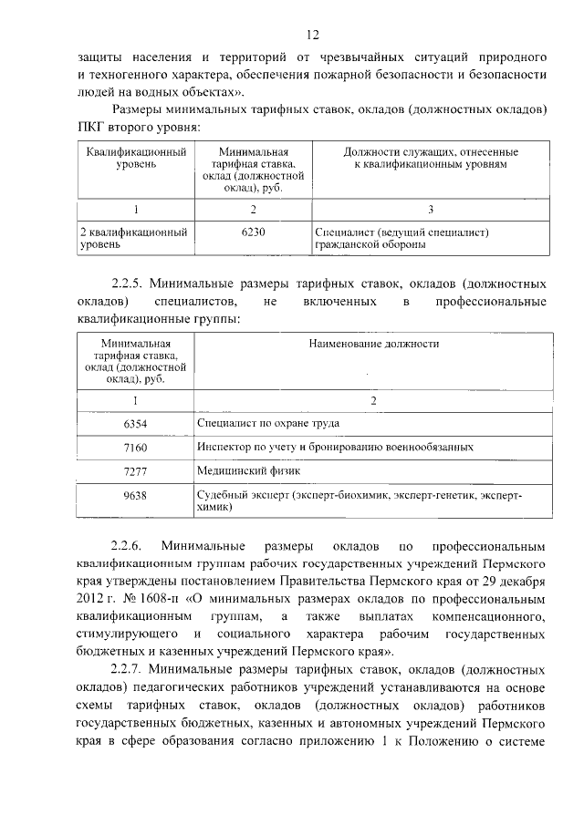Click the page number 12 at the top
coord(312,36)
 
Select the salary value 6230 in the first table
coord(252,232)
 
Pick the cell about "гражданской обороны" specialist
coord(402,239)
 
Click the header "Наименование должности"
coord(373,345)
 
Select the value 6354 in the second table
coord(134,424)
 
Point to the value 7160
coord(134,448)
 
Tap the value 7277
coord(134,471)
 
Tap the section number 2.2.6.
coord(127,547)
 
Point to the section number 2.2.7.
coord(127,669)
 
